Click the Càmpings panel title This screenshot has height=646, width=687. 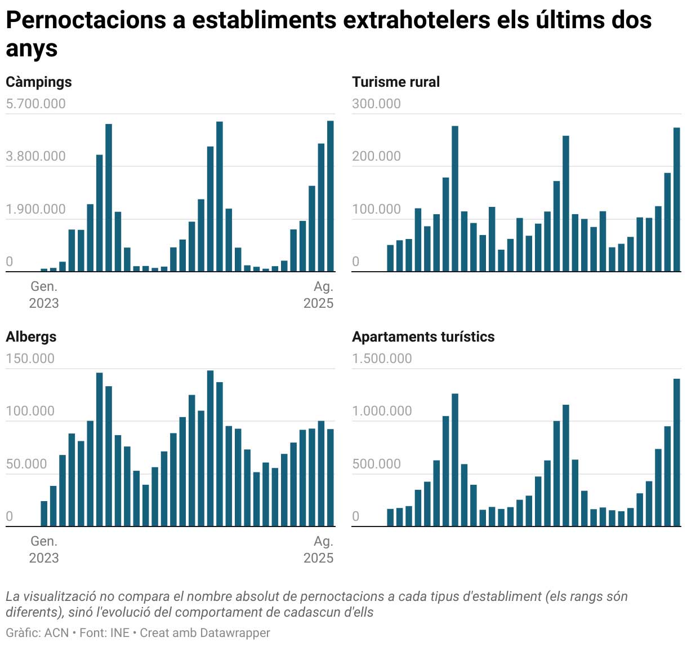(x=39, y=82)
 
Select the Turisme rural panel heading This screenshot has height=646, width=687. (x=396, y=82)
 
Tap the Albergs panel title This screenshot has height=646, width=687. (x=31, y=337)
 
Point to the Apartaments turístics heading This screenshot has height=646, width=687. (x=423, y=337)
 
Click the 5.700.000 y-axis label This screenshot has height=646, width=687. (x=35, y=104)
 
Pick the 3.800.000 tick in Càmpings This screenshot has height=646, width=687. (x=35, y=156)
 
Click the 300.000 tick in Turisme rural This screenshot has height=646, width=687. (x=376, y=104)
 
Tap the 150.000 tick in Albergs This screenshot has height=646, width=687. (x=30, y=359)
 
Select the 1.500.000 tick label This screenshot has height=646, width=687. (x=382, y=359)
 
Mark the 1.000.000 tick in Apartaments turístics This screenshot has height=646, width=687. (x=382, y=411)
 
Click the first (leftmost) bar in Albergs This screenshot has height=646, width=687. (x=44, y=513)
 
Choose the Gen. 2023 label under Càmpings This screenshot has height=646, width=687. (x=44, y=295)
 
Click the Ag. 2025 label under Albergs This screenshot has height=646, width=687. (x=319, y=550)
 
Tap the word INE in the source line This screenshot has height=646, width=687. (x=120, y=633)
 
